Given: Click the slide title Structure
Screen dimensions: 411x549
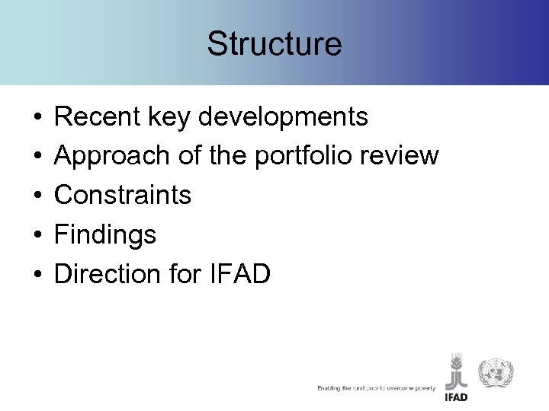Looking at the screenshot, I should click(274, 44).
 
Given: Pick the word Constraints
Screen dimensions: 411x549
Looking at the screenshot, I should click(124, 196).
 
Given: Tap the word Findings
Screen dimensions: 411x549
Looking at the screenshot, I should click(106, 235).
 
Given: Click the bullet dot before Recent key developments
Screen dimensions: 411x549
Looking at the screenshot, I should click(37, 119).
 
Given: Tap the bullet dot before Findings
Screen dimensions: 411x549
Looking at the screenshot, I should click(37, 235).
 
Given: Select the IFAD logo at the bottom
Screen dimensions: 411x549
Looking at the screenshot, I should click(456, 376).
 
